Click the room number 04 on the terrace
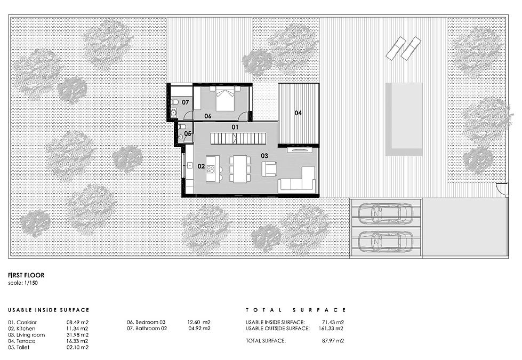pyautogui.click(x=298, y=113)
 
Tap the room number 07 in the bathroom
pyautogui.click(x=186, y=102)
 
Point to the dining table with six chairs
pyautogui.click(x=240, y=169)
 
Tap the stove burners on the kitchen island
pyautogui.click(x=211, y=169)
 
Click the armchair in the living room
pyautogui.click(x=269, y=169)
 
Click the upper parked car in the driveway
pyautogui.click(x=386, y=212)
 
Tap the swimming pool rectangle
pyautogui.click(x=404, y=119)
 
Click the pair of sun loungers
pyautogui.click(x=404, y=49)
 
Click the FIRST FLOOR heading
pyautogui.click(x=26, y=275)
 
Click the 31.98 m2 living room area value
pyautogui.click(x=77, y=335)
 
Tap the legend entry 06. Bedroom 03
pyautogui.click(x=146, y=322)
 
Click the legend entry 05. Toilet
pyautogui.click(x=19, y=347)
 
